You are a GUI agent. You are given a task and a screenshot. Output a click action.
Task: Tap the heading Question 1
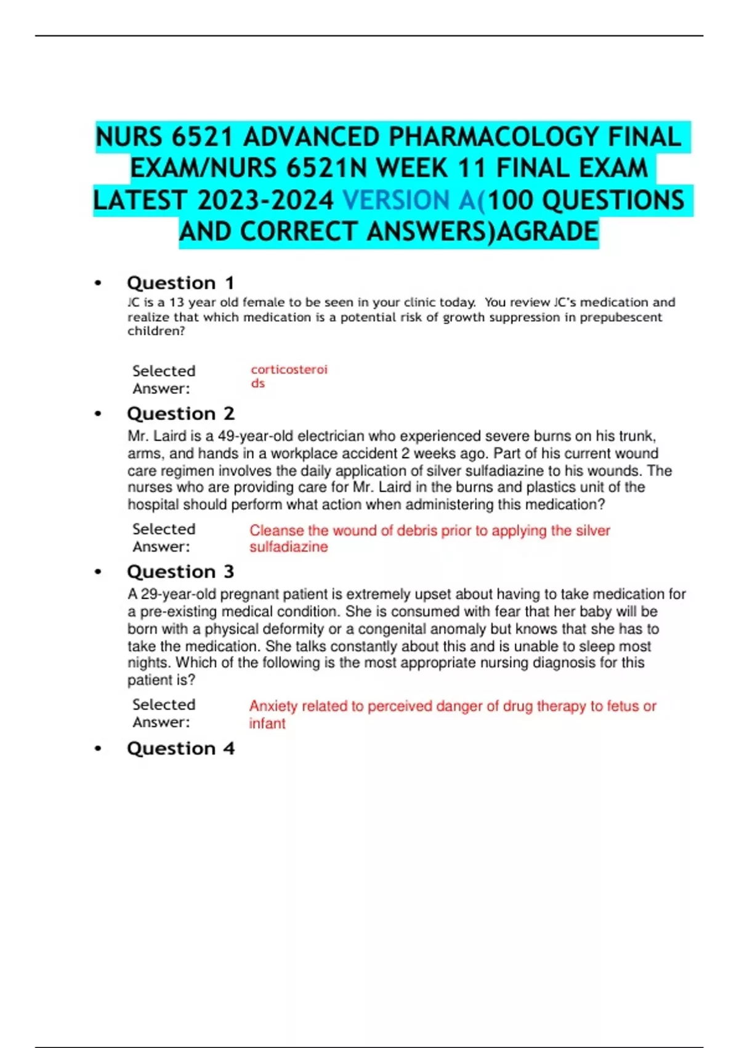(x=180, y=283)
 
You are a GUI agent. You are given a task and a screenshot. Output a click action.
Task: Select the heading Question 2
(x=180, y=414)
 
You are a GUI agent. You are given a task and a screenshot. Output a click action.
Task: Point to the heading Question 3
(x=180, y=572)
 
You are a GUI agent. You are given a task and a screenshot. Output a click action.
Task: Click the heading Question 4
(x=180, y=748)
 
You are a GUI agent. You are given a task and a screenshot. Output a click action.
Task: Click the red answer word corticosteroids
(x=288, y=376)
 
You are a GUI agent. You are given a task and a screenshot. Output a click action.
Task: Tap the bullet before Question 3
(x=98, y=573)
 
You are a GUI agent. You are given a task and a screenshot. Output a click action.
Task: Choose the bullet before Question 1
(x=98, y=284)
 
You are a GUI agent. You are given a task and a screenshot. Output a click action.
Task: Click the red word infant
(x=267, y=724)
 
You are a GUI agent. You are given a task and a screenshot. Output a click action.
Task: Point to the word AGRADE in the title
(x=547, y=232)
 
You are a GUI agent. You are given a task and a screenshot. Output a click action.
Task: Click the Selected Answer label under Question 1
(x=163, y=380)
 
